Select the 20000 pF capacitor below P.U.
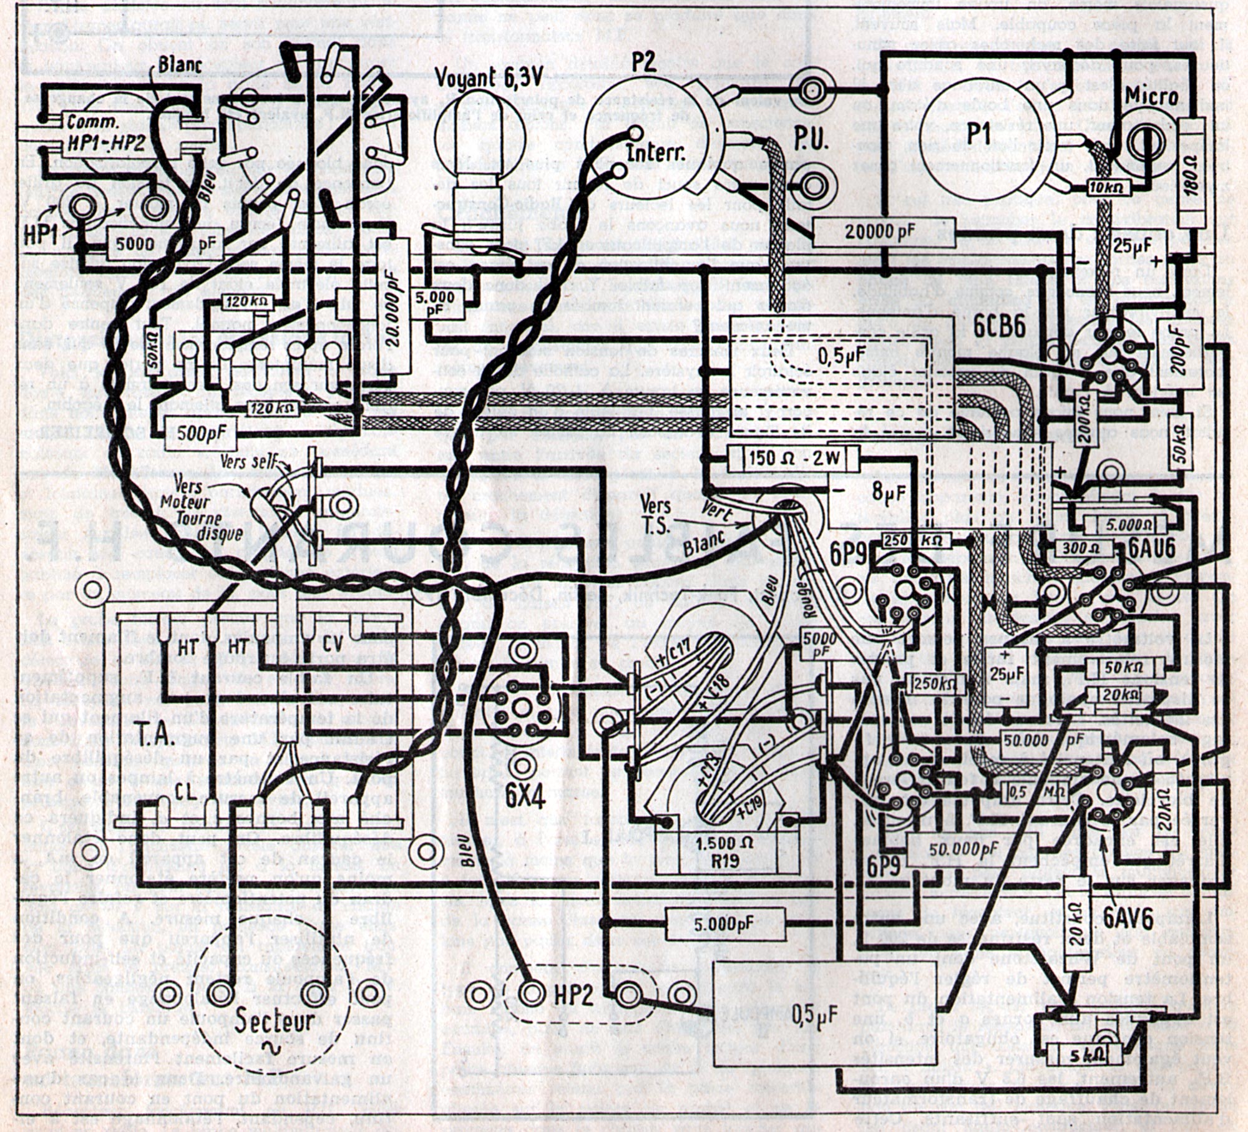(884, 232)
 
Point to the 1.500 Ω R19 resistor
(724, 852)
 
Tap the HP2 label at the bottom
(573, 996)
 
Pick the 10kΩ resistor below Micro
(1104, 185)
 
